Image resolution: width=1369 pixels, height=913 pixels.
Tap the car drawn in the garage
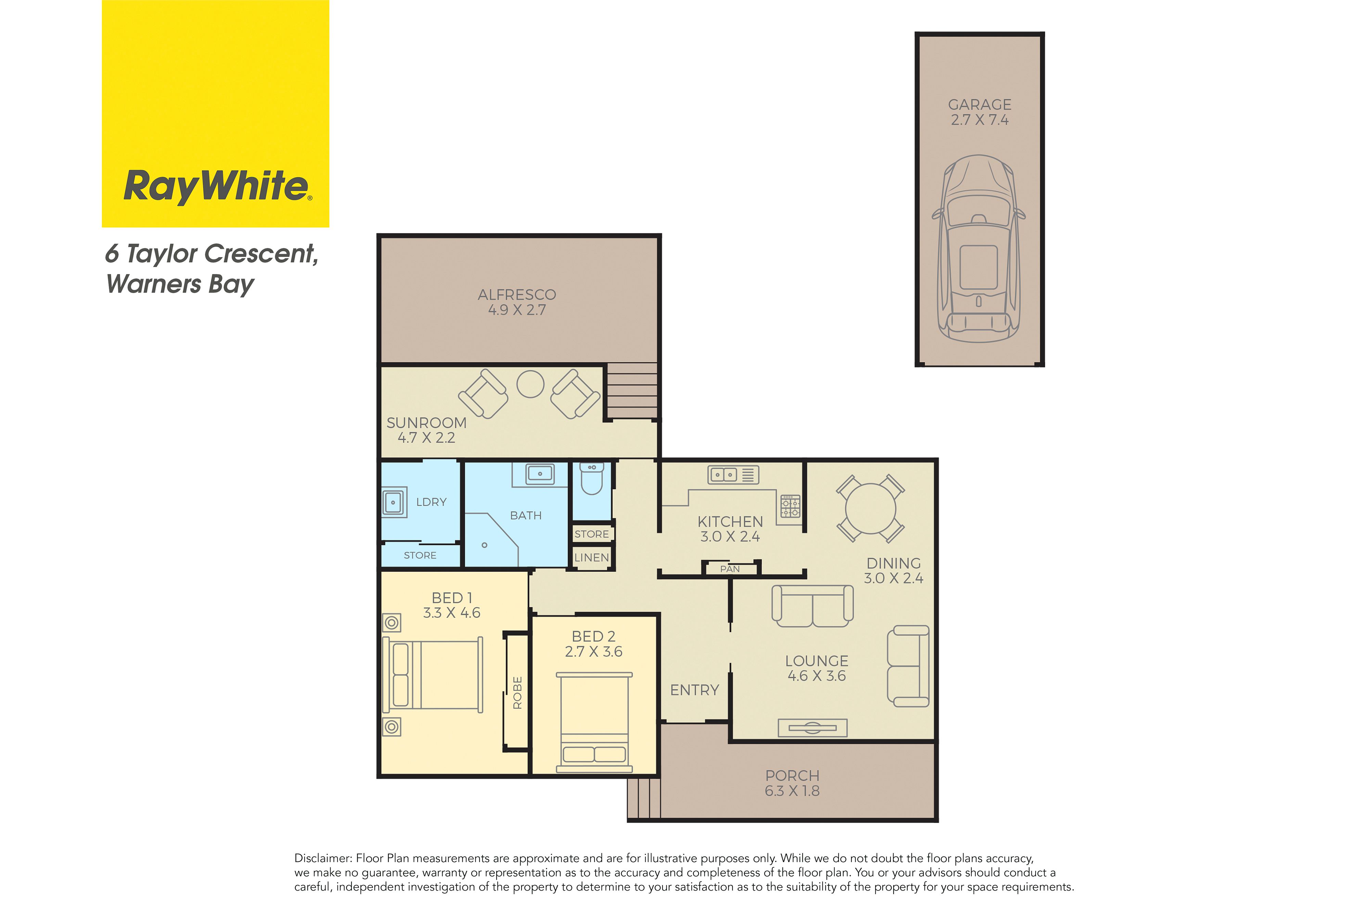(979, 249)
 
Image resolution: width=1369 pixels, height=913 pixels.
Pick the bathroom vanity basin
(540, 474)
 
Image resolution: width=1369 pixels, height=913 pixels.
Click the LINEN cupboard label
(591, 558)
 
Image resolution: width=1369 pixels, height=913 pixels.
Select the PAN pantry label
(730, 569)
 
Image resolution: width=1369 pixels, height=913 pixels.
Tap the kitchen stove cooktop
(790, 506)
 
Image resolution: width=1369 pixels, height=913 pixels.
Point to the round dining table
(871, 508)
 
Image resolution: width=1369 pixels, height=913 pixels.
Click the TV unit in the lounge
(813, 728)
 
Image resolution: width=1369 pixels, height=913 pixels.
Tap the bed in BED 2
(594, 723)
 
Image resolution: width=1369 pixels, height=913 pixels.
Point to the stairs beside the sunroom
(632, 391)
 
